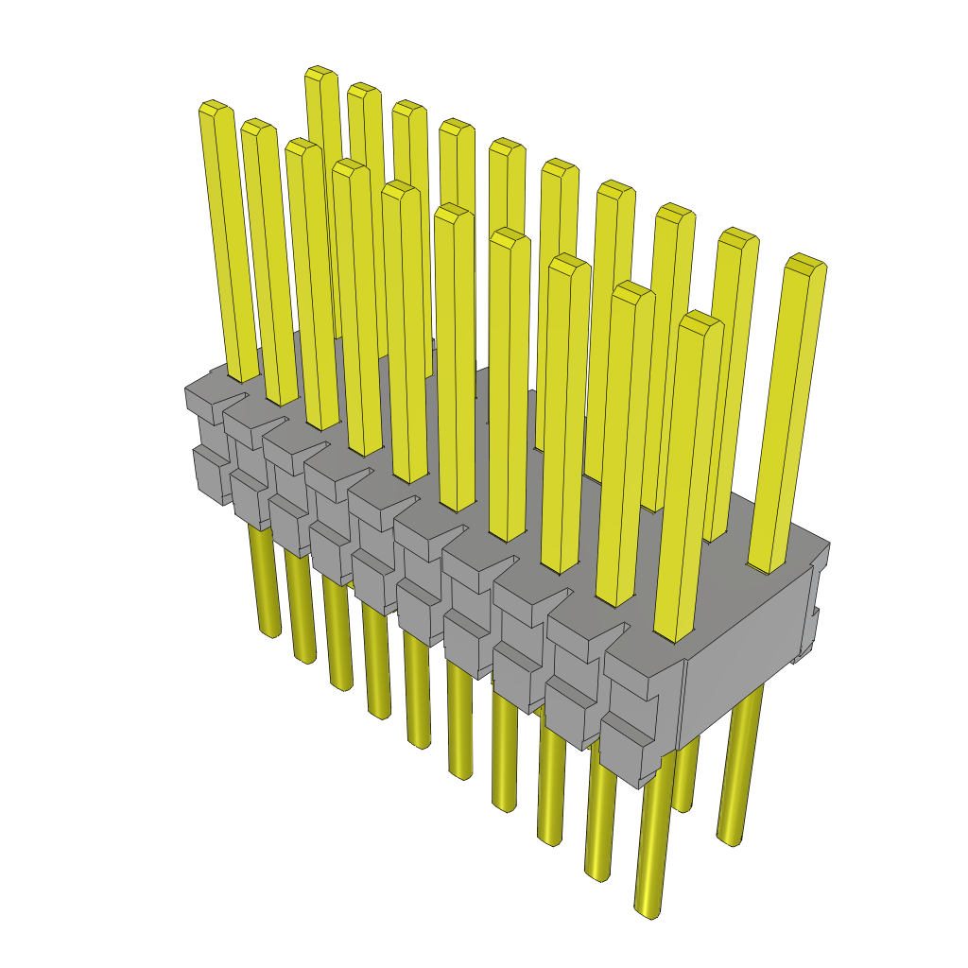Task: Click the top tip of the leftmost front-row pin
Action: (216, 107)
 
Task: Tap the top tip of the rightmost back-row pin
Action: (805, 261)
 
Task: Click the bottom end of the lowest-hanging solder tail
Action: (646, 911)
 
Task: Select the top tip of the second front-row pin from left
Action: (258, 126)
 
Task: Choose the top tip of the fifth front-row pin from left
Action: (401, 187)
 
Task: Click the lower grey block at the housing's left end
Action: (211, 470)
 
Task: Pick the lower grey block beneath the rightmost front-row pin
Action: (628, 747)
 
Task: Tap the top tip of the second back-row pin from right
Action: (737, 235)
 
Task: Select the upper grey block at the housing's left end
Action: (204, 398)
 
